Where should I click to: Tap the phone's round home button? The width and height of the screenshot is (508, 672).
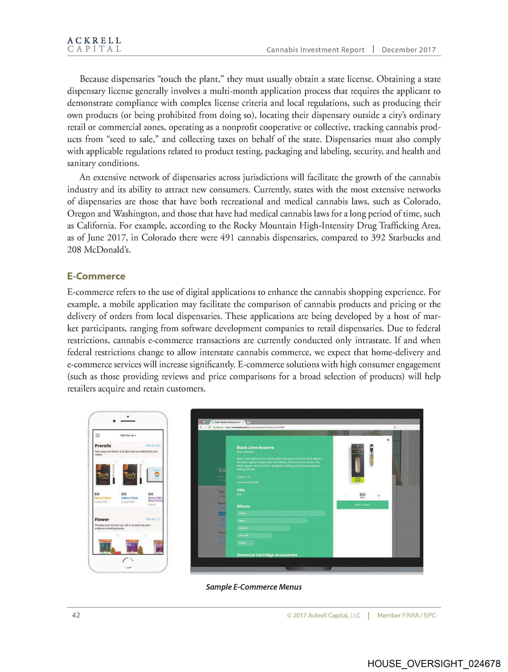[128, 563]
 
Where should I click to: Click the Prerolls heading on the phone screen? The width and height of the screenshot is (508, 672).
[103, 446]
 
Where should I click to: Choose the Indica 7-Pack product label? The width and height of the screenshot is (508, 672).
[129, 498]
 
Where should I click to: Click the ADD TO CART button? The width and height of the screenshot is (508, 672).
[362, 505]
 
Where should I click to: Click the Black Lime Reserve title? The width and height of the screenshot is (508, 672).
[255, 447]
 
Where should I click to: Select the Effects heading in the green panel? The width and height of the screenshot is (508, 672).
[243, 506]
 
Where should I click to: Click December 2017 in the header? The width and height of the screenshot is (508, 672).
[408, 50]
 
